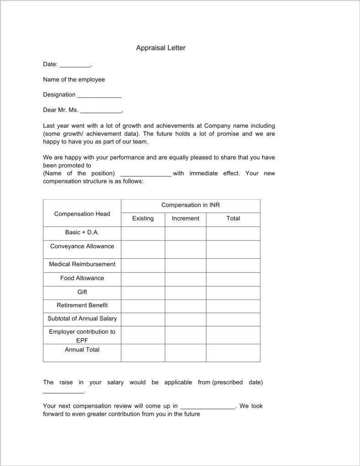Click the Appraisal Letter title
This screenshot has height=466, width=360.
(160, 48)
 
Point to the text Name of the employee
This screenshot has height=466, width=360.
(74, 80)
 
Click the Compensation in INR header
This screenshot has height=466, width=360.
(191, 205)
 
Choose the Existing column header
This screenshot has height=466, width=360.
(143, 219)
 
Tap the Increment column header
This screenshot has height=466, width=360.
(185, 219)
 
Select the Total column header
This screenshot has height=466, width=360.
(233, 219)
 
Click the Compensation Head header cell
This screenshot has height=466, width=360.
(82, 214)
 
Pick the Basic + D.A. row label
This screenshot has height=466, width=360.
(82, 232)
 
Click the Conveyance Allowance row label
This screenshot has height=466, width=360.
(82, 246)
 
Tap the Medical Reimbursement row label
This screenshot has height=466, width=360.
(82, 264)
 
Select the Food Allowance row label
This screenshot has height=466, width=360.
(82, 278)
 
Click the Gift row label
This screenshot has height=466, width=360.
(82, 292)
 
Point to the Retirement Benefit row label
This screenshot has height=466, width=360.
(82, 305)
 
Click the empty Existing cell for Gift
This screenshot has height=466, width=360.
(143, 293)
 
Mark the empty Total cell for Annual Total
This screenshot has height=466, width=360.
(233, 353)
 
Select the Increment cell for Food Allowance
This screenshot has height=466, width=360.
(185, 279)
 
